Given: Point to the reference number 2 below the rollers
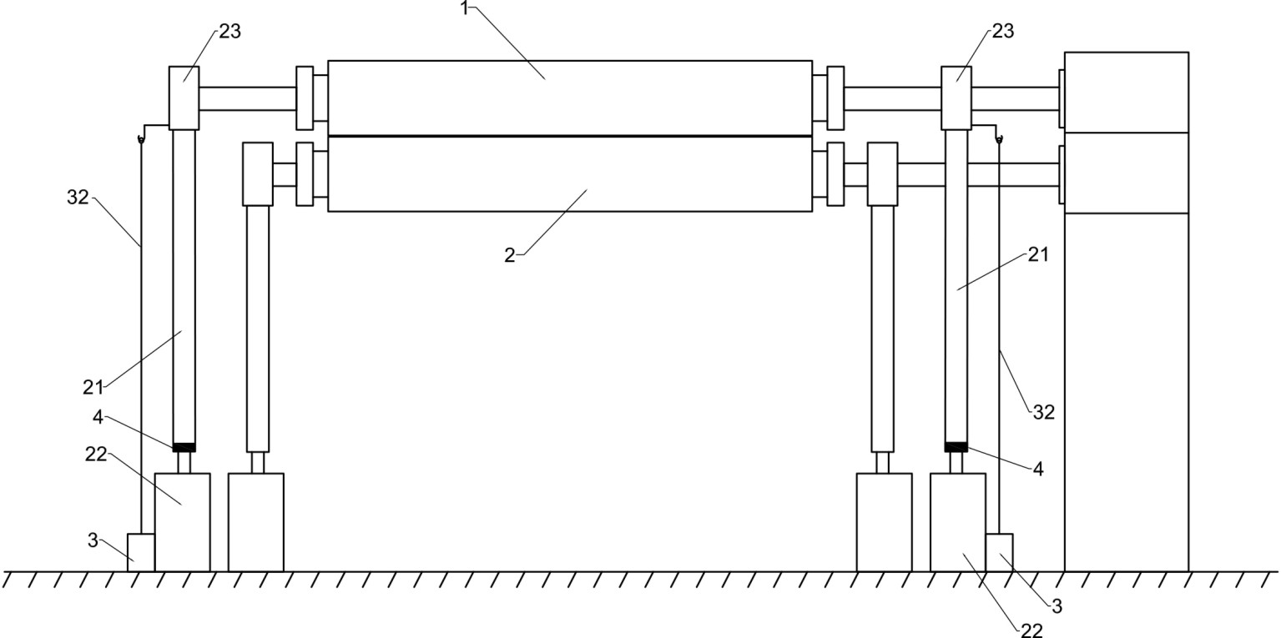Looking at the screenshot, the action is coord(510,254).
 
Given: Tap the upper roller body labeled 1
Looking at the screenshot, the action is coord(569,98).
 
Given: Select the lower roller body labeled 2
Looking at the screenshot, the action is coord(569,174).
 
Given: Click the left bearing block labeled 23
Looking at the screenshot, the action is coord(184,98).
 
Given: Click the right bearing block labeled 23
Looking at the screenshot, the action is coord(956,98).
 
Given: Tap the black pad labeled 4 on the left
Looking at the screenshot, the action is coord(184,447).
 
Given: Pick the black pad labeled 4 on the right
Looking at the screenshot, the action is coord(956,447).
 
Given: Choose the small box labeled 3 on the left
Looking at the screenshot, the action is coord(141,552).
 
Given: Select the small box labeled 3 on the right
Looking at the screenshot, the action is coord(1000,552).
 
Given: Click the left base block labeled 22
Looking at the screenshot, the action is coord(182,522).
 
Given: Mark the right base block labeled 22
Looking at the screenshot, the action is coord(957,522).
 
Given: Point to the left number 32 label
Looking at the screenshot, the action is coord(77,198).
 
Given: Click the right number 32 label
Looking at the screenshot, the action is coord(1044,411).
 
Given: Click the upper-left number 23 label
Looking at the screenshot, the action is coord(230,31).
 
